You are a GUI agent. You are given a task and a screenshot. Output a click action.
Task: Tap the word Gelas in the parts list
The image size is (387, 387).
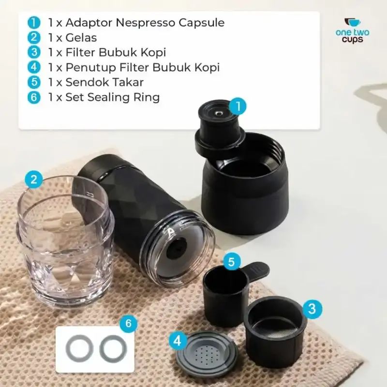click(x=81, y=38)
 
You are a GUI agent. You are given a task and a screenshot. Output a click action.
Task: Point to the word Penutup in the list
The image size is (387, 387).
click(x=90, y=68)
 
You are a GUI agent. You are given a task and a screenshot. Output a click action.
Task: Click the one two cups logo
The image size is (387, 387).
click(x=353, y=31)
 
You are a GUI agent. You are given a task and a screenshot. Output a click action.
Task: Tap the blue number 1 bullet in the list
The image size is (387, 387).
click(x=34, y=23)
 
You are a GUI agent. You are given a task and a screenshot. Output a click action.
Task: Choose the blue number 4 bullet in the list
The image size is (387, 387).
click(x=34, y=67)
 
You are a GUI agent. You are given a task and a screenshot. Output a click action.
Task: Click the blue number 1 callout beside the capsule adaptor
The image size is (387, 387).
click(x=238, y=106)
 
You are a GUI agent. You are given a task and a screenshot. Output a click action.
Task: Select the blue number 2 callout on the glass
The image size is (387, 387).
click(x=34, y=179)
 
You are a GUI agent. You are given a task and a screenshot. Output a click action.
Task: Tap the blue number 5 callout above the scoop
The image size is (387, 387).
click(x=231, y=261)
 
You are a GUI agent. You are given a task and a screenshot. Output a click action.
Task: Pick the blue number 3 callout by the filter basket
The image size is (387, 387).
click(x=312, y=309)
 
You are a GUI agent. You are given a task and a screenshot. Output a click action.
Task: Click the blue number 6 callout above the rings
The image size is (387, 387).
click(x=128, y=323)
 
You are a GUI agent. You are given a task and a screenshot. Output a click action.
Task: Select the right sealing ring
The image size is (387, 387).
click(x=101, y=349)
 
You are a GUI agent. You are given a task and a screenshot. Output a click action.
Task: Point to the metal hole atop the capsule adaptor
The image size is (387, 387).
click(x=219, y=114)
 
